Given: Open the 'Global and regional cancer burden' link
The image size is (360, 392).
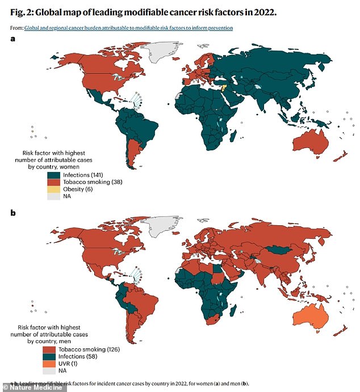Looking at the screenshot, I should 128,28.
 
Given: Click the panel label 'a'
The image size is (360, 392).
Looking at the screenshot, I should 13,39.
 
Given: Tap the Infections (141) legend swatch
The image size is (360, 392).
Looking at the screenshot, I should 55,175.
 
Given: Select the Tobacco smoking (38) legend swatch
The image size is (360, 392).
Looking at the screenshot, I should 55,183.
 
